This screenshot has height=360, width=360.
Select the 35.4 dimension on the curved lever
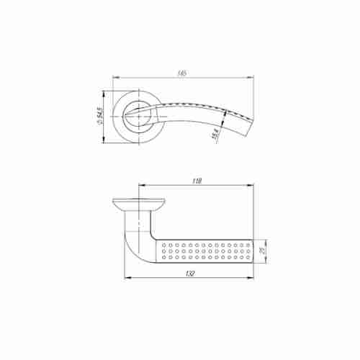pyautogui.click(x=215, y=134)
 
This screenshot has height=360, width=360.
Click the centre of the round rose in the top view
pyautogui.click(x=138, y=114)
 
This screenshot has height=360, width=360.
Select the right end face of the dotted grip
pyautogui.click(x=253, y=250)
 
